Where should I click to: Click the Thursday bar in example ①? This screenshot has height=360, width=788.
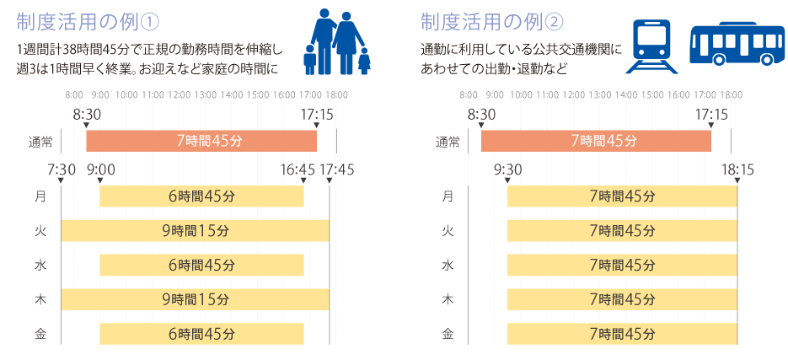pyautogui.click(x=195, y=298)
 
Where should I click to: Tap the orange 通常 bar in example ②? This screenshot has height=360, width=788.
pyautogui.click(x=596, y=141)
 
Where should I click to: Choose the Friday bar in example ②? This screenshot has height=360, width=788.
pyautogui.click(x=622, y=333)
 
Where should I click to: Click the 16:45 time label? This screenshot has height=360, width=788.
pyautogui.click(x=298, y=170)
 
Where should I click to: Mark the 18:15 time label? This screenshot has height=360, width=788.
pyautogui.click(x=737, y=170)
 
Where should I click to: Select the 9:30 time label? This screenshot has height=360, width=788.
pyautogui.click(x=508, y=170)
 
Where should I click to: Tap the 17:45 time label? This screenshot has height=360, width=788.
pyautogui.click(x=336, y=170)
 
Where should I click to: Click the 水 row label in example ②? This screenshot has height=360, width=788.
pyautogui.click(x=448, y=265)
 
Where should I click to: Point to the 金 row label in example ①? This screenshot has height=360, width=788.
pyautogui.click(x=40, y=333)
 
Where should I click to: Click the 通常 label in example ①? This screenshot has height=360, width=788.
pyautogui.click(x=40, y=142)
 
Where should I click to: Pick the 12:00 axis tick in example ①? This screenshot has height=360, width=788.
pyautogui.click(x=179, y=94)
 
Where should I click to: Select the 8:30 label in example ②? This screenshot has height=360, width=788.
pyautogui.click(x=481, y=113)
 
